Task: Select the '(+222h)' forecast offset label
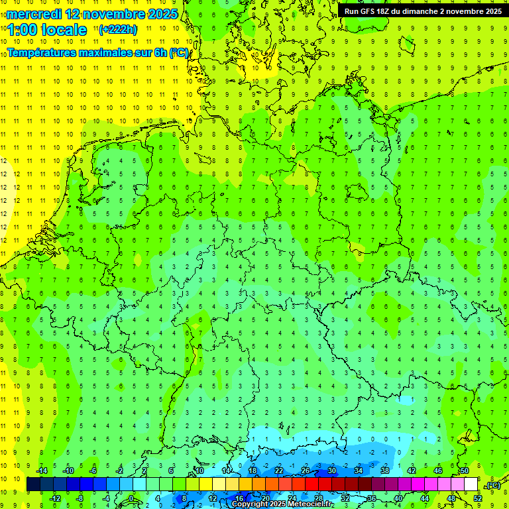117,30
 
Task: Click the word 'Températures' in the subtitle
41,53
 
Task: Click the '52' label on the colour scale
478,498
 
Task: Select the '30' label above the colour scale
331,471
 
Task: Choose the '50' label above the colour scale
464,471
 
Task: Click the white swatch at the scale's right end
471,484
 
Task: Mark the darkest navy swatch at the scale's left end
33,484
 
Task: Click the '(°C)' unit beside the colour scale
493,485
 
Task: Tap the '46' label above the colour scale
437,471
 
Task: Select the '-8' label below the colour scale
80,498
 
